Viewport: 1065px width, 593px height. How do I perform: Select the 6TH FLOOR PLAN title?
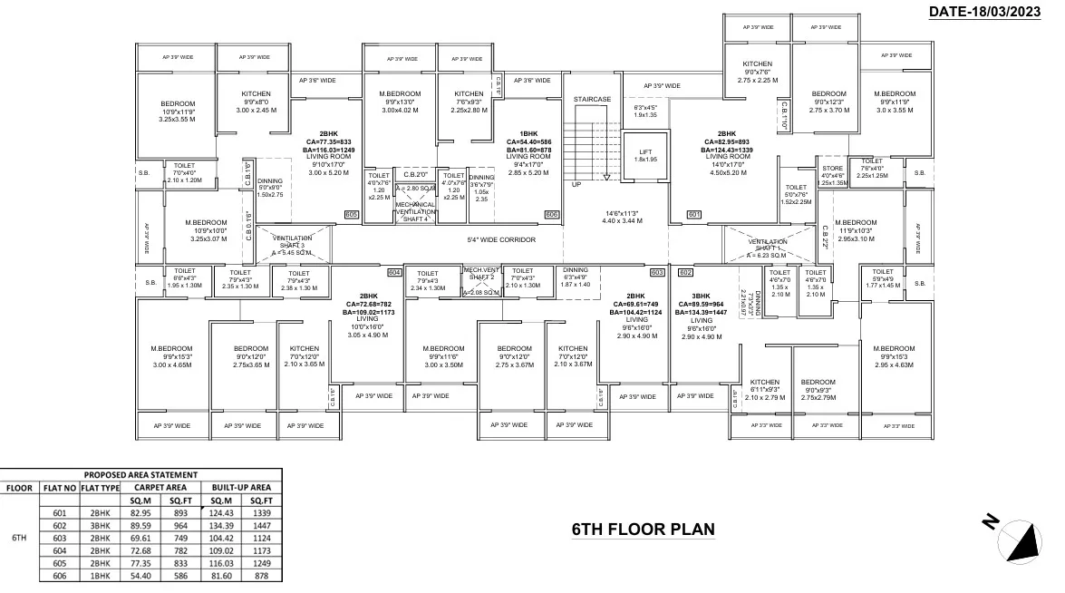click(x=643, y=529)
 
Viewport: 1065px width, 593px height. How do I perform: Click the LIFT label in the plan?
click(x=645, y=151)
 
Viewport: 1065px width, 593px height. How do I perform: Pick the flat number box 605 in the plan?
click(x=352, y=214)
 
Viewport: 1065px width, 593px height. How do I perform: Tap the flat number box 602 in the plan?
click(x=685, y=272)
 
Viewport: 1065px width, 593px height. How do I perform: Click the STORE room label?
click(x=832, y=167)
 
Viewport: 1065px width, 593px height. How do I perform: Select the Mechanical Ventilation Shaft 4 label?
click(x=416, y=211)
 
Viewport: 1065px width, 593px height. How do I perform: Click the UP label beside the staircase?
click(x=576, y=184)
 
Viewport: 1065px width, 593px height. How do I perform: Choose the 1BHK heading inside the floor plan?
click(x=528, y=133)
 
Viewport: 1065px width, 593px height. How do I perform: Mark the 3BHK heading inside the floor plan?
click(x=700, y=296)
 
